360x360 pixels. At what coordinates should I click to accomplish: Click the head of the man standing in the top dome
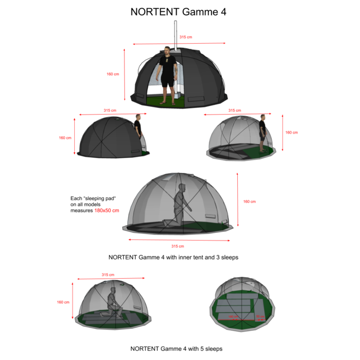click(x=167, y=52)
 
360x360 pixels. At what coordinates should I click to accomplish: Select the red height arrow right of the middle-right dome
click(x=282, y=133)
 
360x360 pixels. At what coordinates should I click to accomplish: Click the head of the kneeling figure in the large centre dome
click(x=182, y=189)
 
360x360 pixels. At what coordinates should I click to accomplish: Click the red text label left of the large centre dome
click(x=106, y=210)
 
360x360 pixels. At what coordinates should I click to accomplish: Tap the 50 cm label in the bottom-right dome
click(x=260, y=316)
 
